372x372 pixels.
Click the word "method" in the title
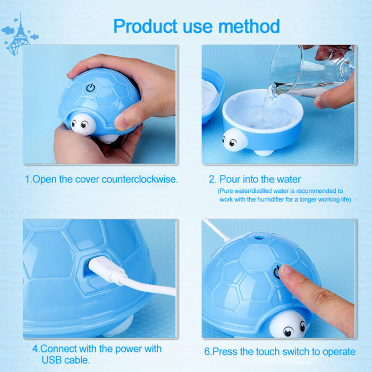(x=250, y=26)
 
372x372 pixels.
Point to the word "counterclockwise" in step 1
(x=133, y=180)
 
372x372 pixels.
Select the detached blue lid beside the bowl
(x=212, y=96)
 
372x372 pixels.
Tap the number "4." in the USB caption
(x=36, y=350)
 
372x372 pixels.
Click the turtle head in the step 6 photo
(x=287, y=325)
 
